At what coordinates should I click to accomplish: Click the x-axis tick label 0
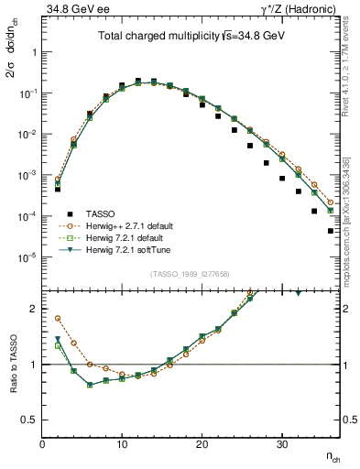point(42,444)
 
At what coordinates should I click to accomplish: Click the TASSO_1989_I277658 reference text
point(191,274)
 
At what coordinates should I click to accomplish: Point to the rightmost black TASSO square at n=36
point(330,231)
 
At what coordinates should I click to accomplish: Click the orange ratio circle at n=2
point(58,319)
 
